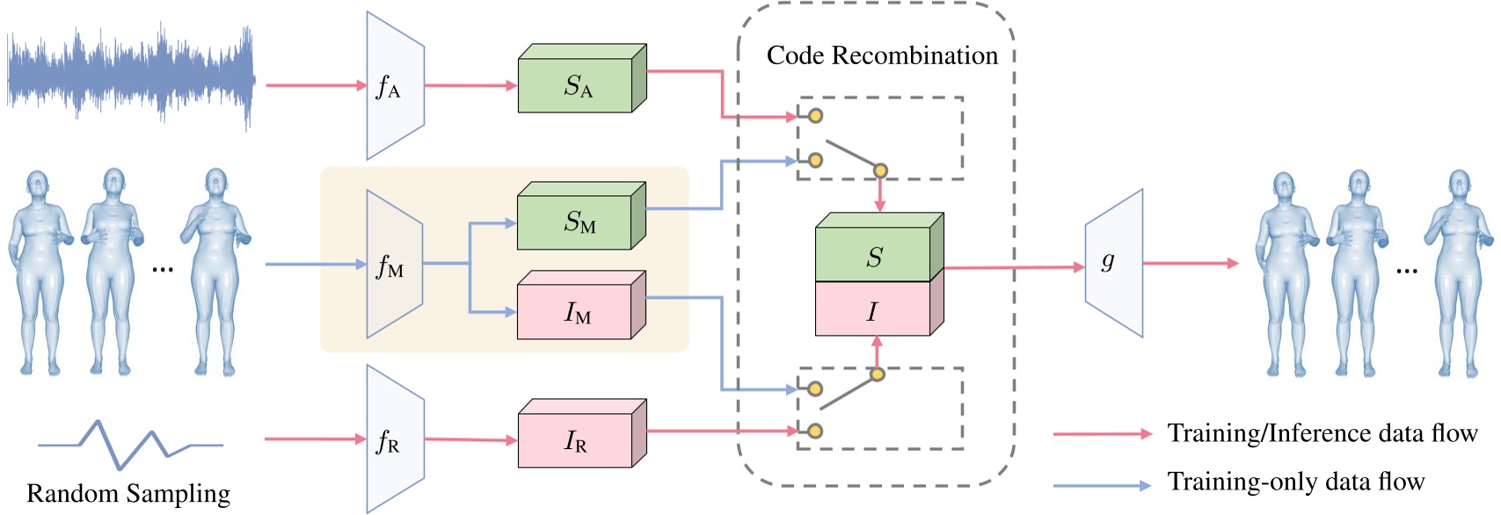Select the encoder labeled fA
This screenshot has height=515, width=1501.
(x=395, y=86)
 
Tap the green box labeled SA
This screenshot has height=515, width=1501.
(x=577, y=86)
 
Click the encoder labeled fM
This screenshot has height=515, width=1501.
(x=394, y=265)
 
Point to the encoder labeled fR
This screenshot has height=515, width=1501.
(x=395, y=440)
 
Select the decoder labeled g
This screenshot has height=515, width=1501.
(x=1113, y=262)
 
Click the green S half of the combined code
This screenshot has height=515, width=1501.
(x=873, y=257)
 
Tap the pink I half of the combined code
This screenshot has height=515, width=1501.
(x=872, y=311)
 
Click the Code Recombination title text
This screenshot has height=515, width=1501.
(x=882, y=55)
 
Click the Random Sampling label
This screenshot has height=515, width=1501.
(x=128, y=493)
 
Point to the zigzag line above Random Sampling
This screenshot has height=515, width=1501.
(x=130, y=443)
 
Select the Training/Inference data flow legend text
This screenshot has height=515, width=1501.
(x=1322, y=433)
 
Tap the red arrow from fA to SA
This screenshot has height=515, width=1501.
(x=470, y=86)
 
